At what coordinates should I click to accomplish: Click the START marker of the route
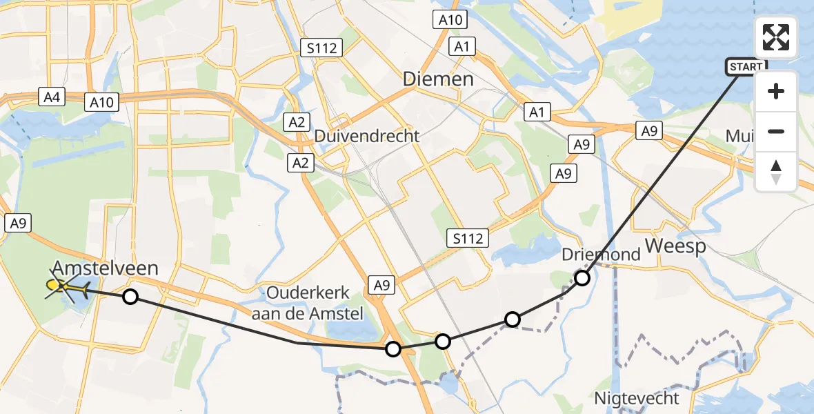point(746,67)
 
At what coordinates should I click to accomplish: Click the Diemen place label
point(439,79)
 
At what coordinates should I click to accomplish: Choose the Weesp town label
point(675,247)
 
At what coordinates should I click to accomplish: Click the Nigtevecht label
point(637,398)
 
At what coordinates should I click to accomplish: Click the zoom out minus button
point(776,131)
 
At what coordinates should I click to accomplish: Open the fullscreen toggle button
point(776,37)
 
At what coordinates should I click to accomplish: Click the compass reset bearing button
point(776,171)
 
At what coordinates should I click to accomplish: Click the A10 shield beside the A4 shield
point(101,102)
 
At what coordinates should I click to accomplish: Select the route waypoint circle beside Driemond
point(582,278)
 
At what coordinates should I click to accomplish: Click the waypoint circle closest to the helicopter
point(130,297)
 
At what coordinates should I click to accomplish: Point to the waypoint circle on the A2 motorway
point(393,349)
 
